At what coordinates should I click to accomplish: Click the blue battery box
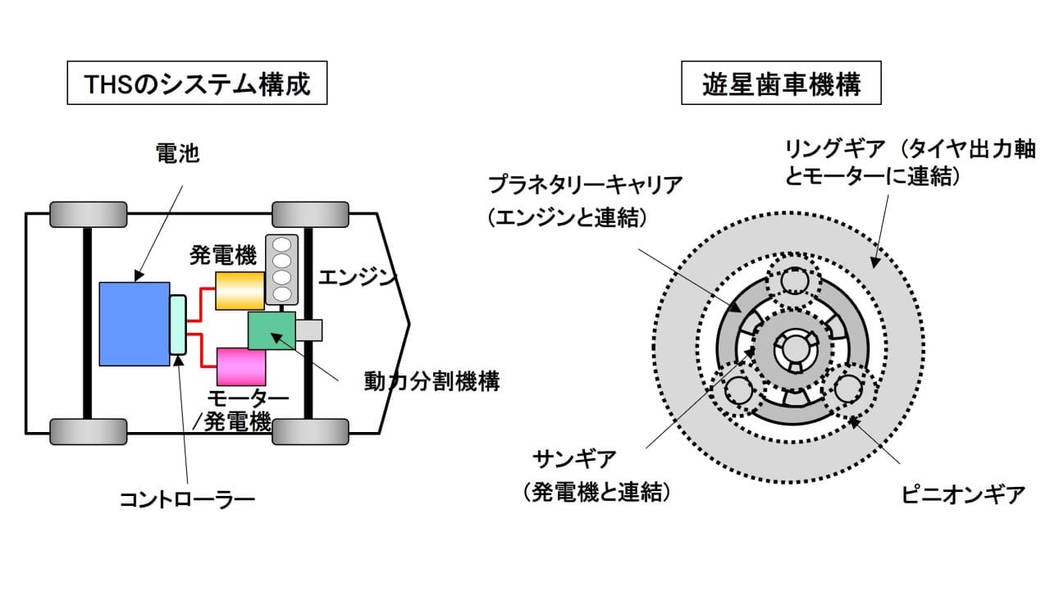pos(134,324)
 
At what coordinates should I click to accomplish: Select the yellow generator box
pos(240,290)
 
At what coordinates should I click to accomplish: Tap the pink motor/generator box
pos(241,366)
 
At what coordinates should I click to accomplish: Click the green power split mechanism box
pos(272,331)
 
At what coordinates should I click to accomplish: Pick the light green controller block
pos(178,325)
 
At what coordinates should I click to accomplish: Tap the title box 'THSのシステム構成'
pos(196,84)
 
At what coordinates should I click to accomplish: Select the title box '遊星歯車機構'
pos(781,84)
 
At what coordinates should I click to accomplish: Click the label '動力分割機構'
pos(431,381)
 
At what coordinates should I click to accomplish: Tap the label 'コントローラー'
pos(188,497)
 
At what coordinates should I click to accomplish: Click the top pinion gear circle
pos(793,281)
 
